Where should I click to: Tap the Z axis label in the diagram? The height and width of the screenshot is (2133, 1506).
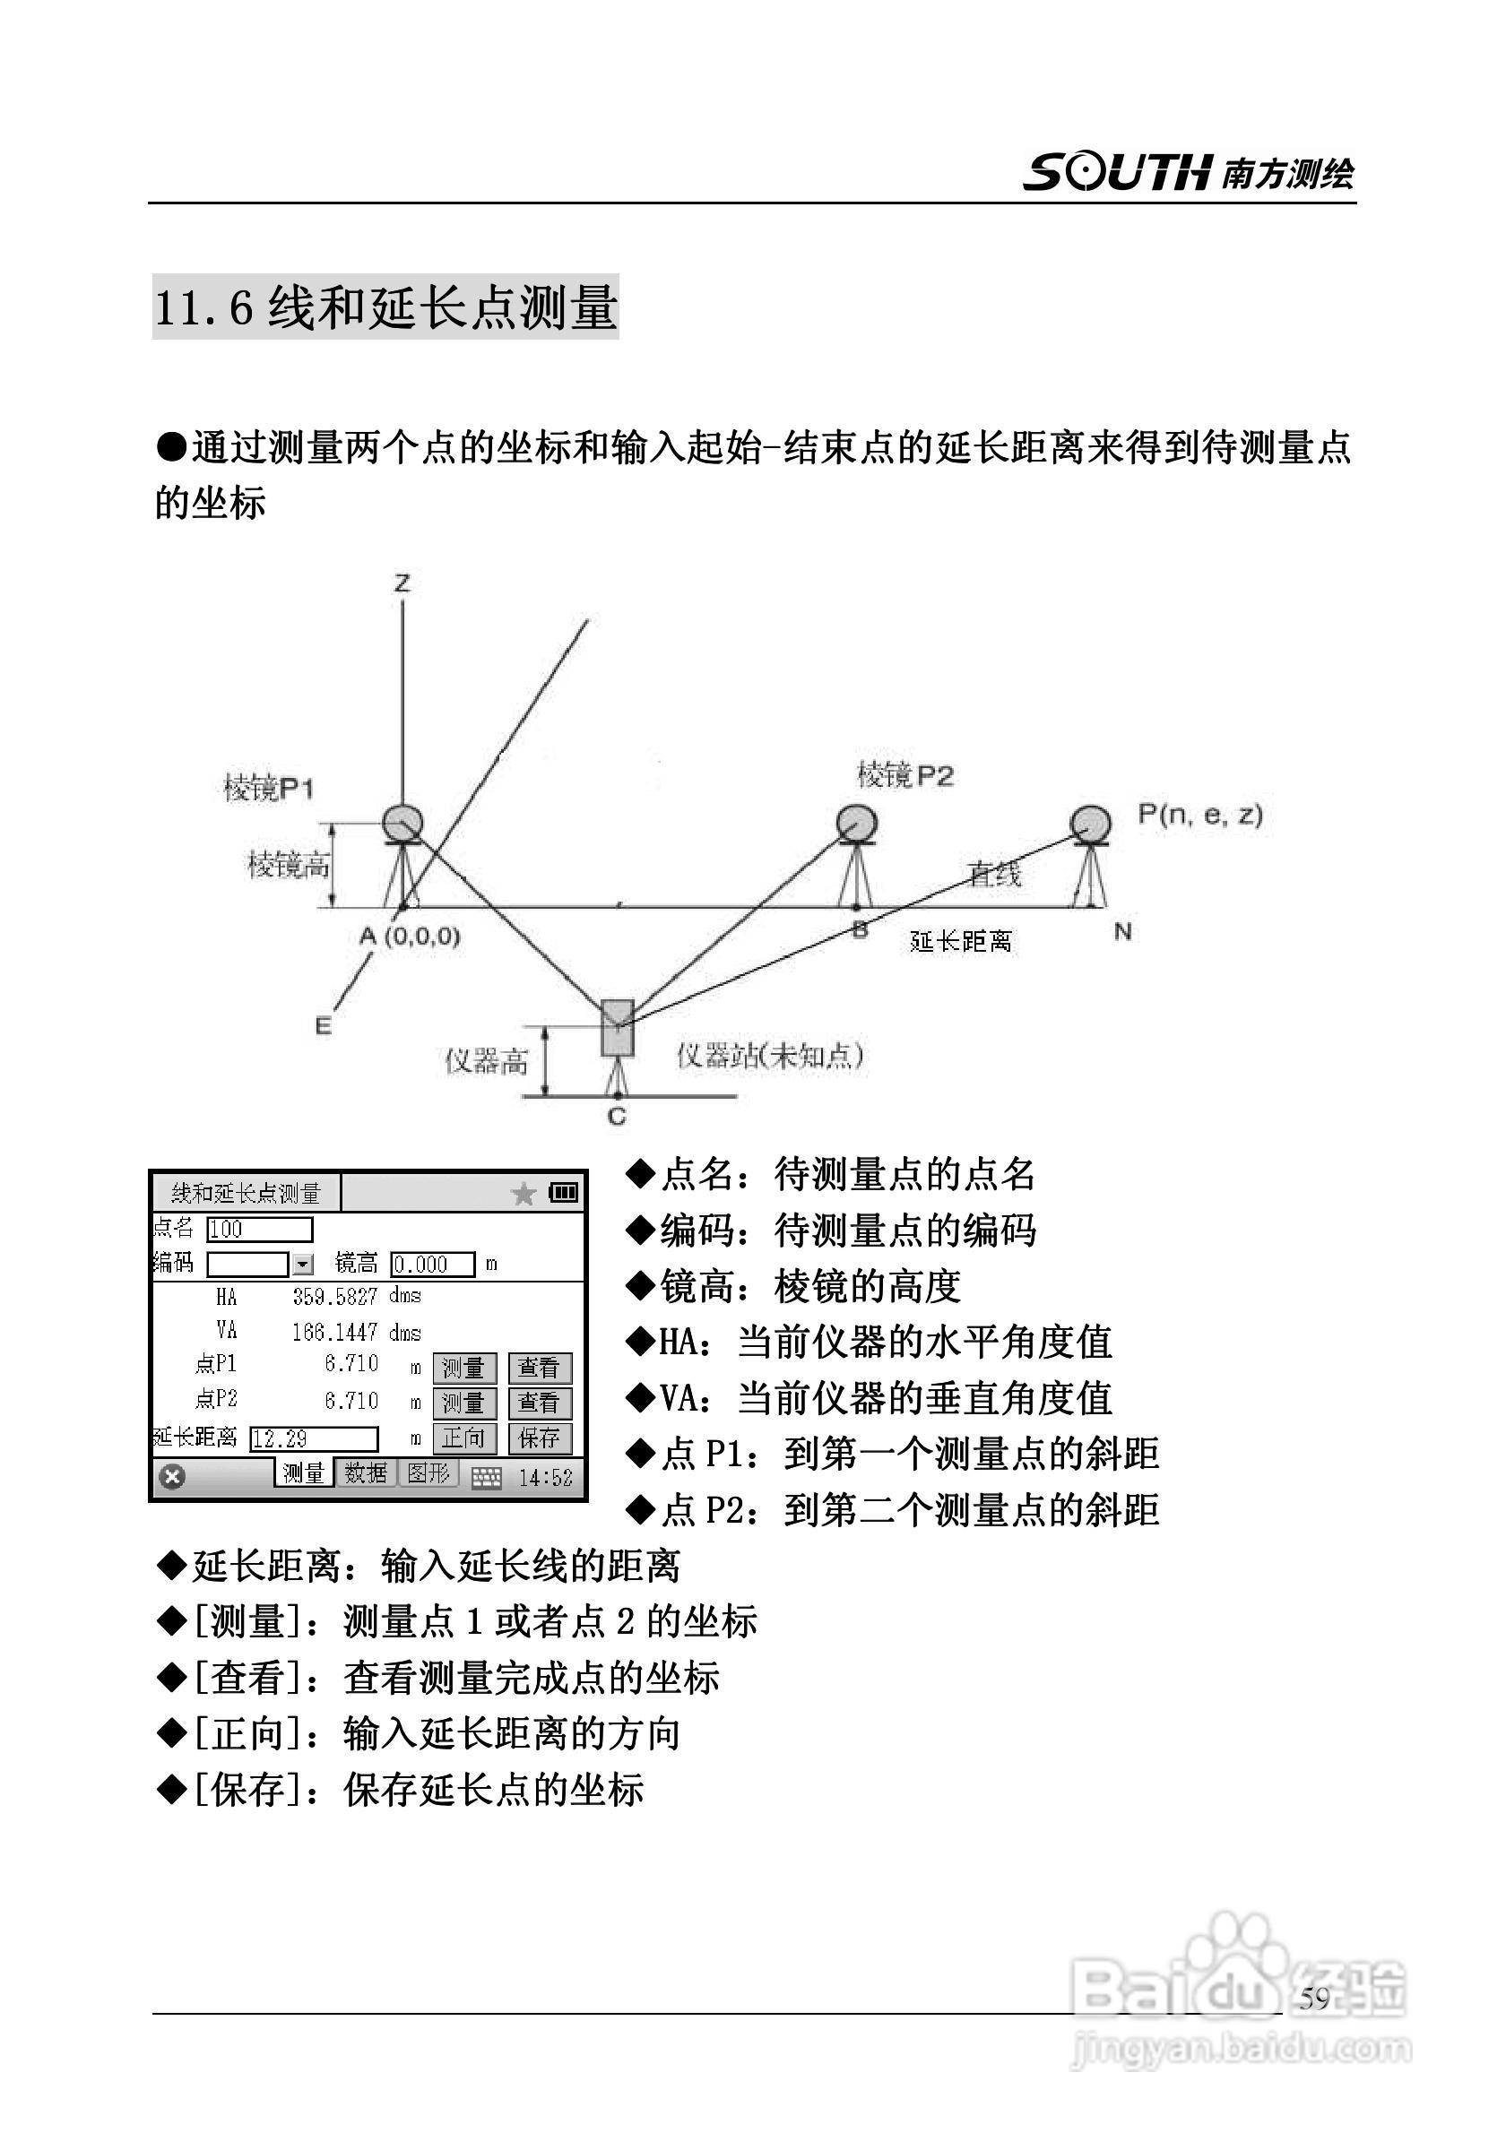click(x=402, y=583)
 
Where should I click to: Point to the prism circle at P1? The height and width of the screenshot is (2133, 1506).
click(x=403, y=821)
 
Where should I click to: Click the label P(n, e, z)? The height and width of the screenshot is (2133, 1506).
click(x=1199, y=815)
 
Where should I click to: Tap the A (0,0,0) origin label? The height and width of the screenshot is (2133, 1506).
click(x=410, y=936)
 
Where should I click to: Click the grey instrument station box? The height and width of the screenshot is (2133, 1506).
click(x=617, y=1027)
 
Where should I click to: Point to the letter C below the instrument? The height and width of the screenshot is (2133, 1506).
click(x=617, y=1117)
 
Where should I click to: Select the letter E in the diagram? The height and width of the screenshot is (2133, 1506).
click(x=323, y=1025)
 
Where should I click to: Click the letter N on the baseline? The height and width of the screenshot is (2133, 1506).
click(x=1122, y=932)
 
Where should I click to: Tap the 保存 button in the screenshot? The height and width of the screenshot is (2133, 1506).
click(x=539, y=1438)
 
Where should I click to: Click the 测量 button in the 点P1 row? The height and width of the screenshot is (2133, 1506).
click(x=463, y=1368)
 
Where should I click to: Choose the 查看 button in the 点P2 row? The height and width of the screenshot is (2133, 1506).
click(x=539, y=1403)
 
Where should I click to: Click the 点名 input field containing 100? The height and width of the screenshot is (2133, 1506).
click(x=259, y=1229)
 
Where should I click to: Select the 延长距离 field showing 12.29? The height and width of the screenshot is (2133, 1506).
click(x=314, y=1439)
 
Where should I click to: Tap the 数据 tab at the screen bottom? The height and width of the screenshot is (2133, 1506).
click(x=365, y=1473)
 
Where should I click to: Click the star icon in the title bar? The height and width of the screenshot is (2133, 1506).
click(x=524, y=1194)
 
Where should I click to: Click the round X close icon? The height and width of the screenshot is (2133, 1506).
click(x=173, y=1476)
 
